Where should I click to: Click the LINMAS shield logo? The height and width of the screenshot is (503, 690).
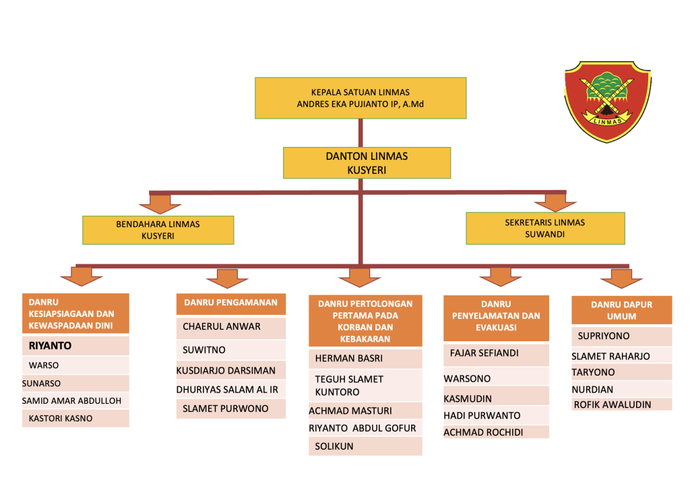[x=607, y=100]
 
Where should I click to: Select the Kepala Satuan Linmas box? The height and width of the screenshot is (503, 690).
[x=360, y=98]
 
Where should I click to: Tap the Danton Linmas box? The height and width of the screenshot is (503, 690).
[x=367, y=163]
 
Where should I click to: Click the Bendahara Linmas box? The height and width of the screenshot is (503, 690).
[x=158, y=230]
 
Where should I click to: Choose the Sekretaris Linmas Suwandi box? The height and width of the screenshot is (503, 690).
[x=545, y=229]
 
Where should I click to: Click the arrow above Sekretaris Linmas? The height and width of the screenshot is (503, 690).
[x=555, y=202]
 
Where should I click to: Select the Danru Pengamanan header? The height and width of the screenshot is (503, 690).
[x=231, y=303]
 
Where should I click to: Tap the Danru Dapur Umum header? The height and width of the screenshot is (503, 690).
[x=621, y=310]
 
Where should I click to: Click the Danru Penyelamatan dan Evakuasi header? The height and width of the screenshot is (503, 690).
[x=496, y=316]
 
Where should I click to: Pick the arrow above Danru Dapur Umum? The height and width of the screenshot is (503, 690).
[x=621, y=277]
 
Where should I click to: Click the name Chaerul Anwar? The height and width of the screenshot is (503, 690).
[x=222, y=327]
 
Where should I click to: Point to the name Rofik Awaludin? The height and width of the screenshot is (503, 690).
[x=613, y=405]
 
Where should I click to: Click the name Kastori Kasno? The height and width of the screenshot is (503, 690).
[x=61, y=418]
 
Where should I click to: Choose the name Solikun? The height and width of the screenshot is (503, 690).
[x=334, y=446]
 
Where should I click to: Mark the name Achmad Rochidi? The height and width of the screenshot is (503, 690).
[x=483, y=432]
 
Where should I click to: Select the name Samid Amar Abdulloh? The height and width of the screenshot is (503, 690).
[x=72, y=401]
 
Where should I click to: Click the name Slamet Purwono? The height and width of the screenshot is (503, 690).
[x=225, y=409]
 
